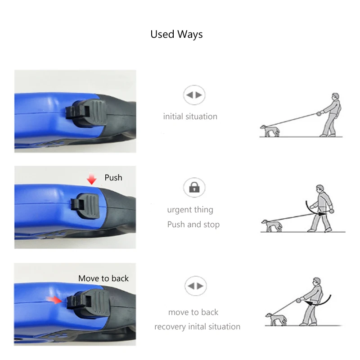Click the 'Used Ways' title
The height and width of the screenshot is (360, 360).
[176, 35]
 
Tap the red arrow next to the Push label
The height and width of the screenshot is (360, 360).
[92, 179]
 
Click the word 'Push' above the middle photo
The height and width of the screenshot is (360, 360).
[113, 178]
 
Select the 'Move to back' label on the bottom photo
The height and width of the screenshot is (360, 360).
[103, 279]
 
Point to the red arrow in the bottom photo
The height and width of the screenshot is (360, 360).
[54, 300]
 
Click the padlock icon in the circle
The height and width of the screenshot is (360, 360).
[194, 187]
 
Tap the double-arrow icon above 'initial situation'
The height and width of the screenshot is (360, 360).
[194, 95]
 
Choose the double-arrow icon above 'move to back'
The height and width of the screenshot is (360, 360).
[196, 286]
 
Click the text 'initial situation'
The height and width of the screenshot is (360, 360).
[190, 117]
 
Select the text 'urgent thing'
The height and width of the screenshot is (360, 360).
[190, 210]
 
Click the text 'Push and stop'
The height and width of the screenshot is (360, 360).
[193, 225]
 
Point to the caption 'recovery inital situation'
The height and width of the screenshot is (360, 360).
[197, 327]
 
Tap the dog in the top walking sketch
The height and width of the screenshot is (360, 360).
[270, 131]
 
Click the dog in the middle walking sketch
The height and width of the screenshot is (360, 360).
[272, 226]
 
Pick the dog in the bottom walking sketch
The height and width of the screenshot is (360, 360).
[276, 319]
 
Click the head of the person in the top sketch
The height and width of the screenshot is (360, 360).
[335, 96]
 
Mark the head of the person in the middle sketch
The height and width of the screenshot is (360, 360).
[320, 189]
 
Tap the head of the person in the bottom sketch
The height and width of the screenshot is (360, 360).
[317, 281]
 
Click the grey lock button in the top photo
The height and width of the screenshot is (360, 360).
[86, 112]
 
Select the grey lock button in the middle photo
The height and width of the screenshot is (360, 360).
[85, 206]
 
